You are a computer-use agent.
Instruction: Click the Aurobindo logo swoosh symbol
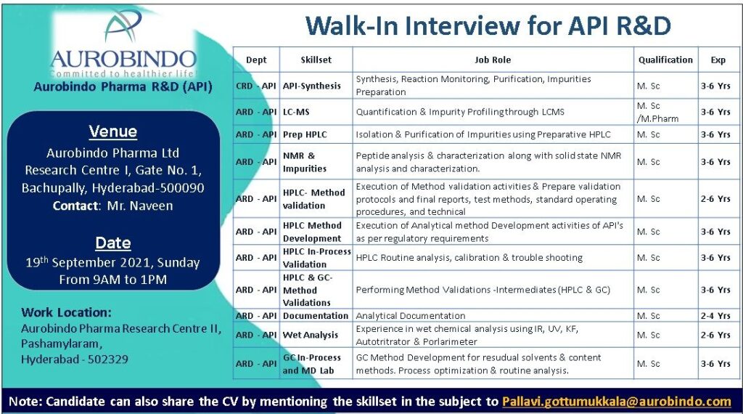(x=123, y=26)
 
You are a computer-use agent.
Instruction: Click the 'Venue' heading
(x=112, y=131)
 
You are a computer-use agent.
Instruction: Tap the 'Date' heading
(x=112, y=243)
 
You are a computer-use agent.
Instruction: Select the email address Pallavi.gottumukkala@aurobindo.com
(x=617, y=402)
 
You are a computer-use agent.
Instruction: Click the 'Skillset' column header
(x=316, y=60)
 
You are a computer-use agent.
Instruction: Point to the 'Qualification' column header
(x=665, y=60)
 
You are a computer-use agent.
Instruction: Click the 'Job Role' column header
(x=493, y=60)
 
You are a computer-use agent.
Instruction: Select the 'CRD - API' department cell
(x=256, y=86)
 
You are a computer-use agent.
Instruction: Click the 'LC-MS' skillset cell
(x=296, y=112)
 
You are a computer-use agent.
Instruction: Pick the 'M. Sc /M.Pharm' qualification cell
(x=657, y=112)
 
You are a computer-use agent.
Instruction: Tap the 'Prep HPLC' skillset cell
(x=305, y=134)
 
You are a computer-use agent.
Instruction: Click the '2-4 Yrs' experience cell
(x=715, y=316)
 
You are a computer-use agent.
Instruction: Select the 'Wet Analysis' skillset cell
(x=311, y=335)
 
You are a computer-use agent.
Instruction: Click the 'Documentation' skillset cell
(x=316, y=316)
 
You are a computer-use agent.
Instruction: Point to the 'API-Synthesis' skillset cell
(x=312, y=86)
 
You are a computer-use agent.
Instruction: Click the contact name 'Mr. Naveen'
(x=140, y=206)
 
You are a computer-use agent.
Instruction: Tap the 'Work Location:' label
(x=66, y=312)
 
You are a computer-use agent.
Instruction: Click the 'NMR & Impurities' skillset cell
(x=305, y=162)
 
